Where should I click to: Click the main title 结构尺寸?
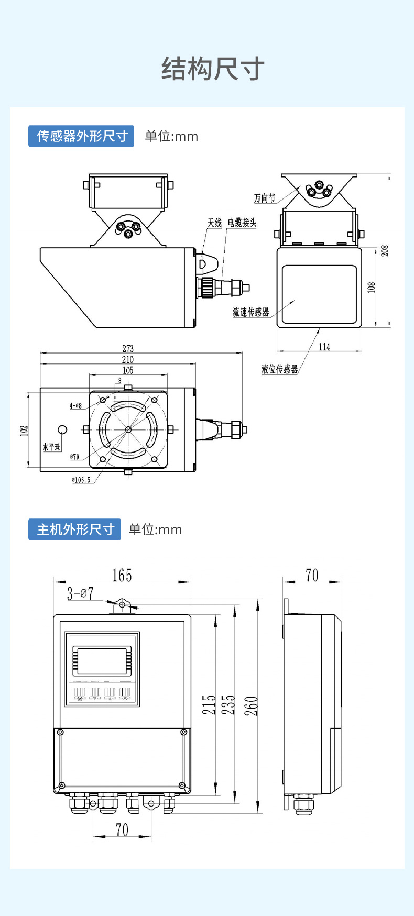point(213,69)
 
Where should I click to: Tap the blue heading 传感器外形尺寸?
point(82,136)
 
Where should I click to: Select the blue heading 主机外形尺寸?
point(75,529)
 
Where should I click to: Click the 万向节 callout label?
point(264,198)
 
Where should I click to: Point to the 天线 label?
point(214,223)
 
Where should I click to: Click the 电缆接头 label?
point(242,223)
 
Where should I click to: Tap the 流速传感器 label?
point(250,312)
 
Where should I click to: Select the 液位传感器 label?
point(279,369)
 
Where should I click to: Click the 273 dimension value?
point(128,348)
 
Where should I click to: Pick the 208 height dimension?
point(385,250)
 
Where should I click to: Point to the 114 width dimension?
point(324,347)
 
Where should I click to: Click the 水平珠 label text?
point(51,447)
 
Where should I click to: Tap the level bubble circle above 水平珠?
point(62,430)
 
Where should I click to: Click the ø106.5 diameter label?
point(81,480)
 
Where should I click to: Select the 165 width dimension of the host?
point(122,576)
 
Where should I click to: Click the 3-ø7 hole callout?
point(80,594)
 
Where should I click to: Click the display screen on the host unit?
point(102,660)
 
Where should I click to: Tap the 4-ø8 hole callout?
point(76,406)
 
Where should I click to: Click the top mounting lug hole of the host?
point(123,605)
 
